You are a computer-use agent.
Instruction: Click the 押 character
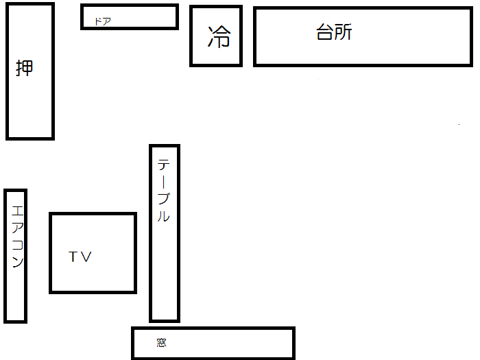[24, 68]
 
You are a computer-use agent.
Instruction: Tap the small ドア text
[102, 21]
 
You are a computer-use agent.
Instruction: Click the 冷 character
[219, 36]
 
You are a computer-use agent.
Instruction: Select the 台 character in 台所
[325, 32]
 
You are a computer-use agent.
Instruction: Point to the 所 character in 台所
[343, 32]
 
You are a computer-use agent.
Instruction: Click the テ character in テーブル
[165, 165]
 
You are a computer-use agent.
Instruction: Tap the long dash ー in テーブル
[165, 182]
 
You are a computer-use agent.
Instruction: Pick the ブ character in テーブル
[165, 199]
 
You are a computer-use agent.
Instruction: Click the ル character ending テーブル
[164, 216]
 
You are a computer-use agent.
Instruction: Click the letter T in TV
[74, 257]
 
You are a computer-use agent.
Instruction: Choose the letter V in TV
[86, 257]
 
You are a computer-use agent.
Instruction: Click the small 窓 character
[161, 343]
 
